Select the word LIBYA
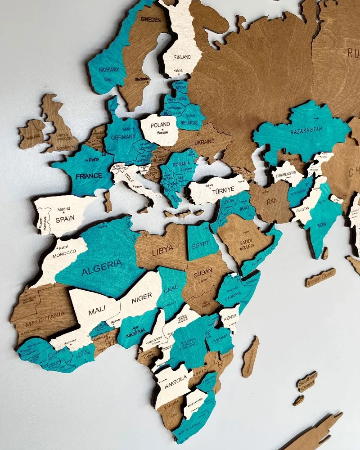click(x=162, y=251)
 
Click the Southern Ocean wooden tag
click(x=307, y=382)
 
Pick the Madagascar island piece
click(x=250, y=356)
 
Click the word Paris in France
click(x=93, y=160)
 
